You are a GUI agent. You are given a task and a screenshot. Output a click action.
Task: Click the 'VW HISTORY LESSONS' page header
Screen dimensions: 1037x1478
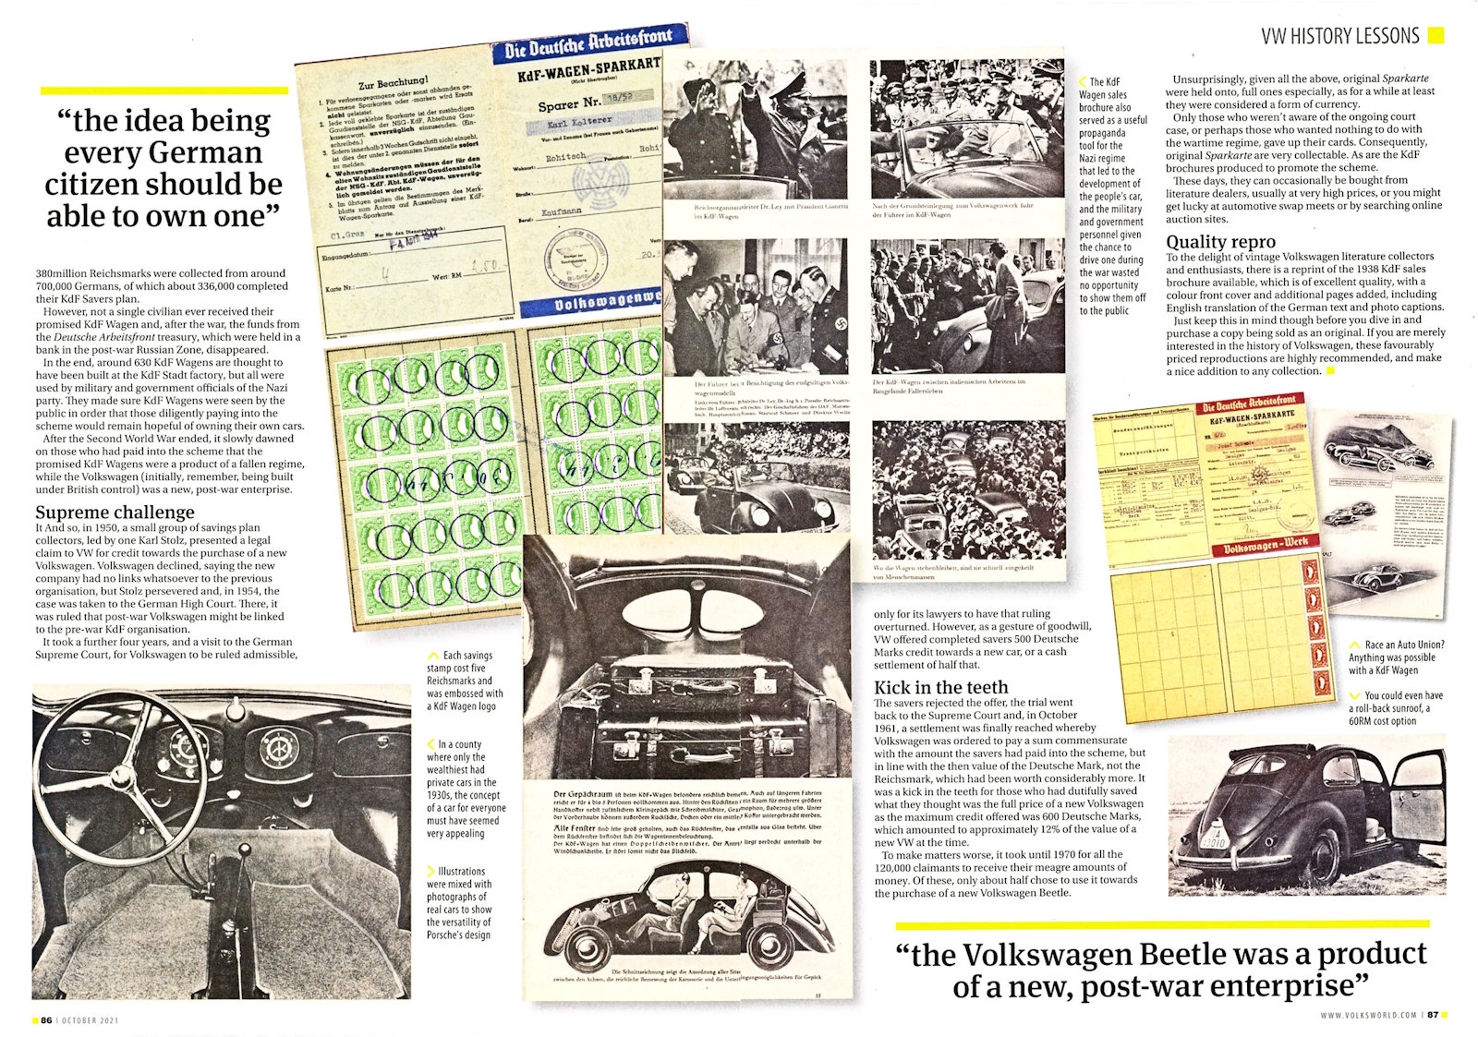pyautogui.click(x=1339, y=36)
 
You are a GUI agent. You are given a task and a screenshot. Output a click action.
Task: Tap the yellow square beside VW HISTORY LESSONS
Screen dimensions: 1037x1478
pyautogui.click(x=1436, y=35)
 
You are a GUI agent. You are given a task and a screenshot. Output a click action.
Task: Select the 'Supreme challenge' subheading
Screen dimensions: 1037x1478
pyautogui.click(x=115, y=512)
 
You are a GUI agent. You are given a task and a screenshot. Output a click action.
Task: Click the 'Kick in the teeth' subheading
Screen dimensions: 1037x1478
pyautogui.click(x=940, y=687)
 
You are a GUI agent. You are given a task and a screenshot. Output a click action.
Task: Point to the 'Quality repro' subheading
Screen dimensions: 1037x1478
pyautogui.click(x=1220, y=242)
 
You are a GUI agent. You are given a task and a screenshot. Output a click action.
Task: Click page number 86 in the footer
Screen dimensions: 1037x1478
pyautogui.click(x=45, y=1020)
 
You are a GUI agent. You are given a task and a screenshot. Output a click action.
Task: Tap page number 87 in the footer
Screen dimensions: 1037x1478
pyautogui.click(x=1433, y=1015)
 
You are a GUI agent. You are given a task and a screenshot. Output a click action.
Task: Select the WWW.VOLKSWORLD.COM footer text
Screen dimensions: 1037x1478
pyautogui.click(x=1368, y=1015)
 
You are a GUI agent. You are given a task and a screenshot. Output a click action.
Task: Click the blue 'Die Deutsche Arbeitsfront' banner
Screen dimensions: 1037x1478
pyautogui.click(x=589, y=43)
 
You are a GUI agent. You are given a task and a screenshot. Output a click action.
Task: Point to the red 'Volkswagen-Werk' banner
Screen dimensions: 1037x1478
pyautogui.click(x=1265, y=547)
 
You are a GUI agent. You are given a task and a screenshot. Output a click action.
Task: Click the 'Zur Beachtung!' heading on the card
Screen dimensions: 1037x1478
pyautogui.click(x=393, y=83)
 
